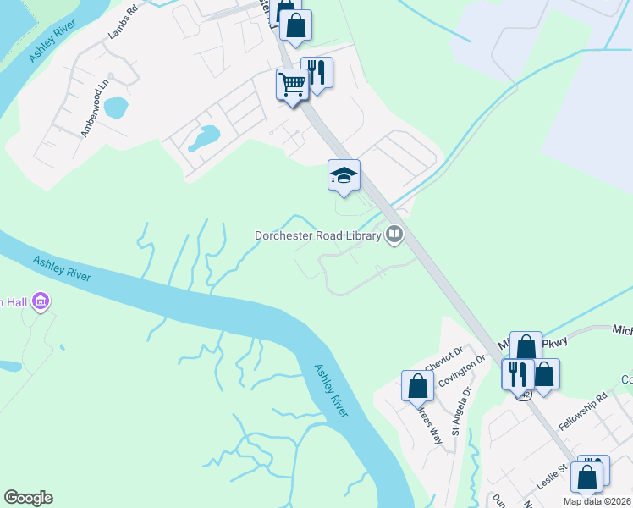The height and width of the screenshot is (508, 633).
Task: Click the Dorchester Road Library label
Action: pos(319,235)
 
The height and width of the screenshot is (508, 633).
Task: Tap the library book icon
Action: pos(394,235)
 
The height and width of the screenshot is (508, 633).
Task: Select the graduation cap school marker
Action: pos(344,176)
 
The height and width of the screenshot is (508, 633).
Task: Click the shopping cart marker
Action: pos(292,85)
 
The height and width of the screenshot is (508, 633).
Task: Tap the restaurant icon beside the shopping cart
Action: pos(316,72)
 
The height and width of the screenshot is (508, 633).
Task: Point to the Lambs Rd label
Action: pos(122,25)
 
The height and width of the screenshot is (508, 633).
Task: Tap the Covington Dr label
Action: pos(462,371)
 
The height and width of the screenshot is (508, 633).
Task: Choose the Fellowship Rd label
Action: pos(590,409)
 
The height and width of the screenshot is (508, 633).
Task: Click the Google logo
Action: pos(28,498)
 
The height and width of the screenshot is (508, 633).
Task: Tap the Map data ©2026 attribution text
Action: pos(597,501)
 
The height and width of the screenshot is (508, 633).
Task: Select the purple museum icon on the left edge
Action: pos(40,301)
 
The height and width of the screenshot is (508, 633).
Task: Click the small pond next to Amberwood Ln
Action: pos(116,108)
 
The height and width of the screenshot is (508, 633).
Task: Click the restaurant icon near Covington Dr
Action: pos(517,373)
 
